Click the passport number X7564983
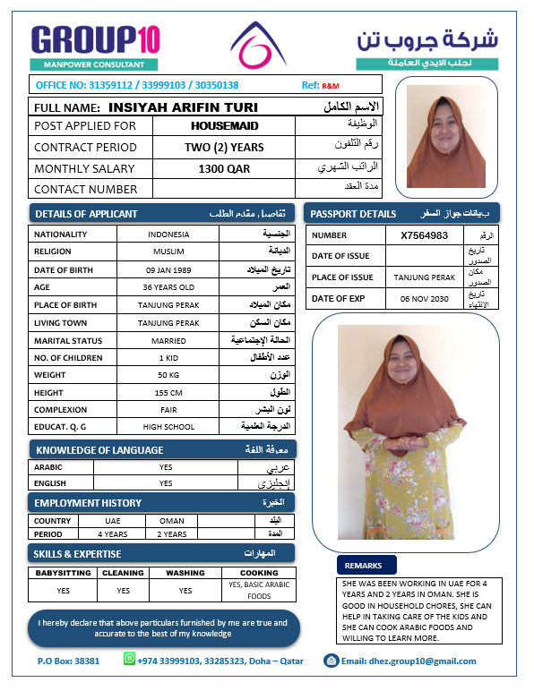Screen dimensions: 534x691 [x=425, y=235]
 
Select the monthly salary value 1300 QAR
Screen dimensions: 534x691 [x=224, y=168]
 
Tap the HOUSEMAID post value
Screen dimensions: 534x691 [x=224, y=126]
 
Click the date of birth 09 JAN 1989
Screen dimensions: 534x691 [x=168, y=269]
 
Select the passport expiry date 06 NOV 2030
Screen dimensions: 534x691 [x=425, y=299]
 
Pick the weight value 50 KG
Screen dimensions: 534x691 [x=168, y=373]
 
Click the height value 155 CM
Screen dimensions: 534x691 [x=168, y=391]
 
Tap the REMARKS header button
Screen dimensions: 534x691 [x=363, y=565]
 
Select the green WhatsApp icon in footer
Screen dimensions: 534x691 [x=129, y=660]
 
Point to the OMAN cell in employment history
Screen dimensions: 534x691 [x=172, y=520]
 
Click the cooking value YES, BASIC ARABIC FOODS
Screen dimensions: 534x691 [x=259, y=590]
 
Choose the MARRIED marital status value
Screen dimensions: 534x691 [x=168, y=341]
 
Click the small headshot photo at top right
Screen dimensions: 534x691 [x=445, y=135]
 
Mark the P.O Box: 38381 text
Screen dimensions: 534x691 [x=68, y=661]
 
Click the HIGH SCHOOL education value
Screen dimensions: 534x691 [x=168, y=426]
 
